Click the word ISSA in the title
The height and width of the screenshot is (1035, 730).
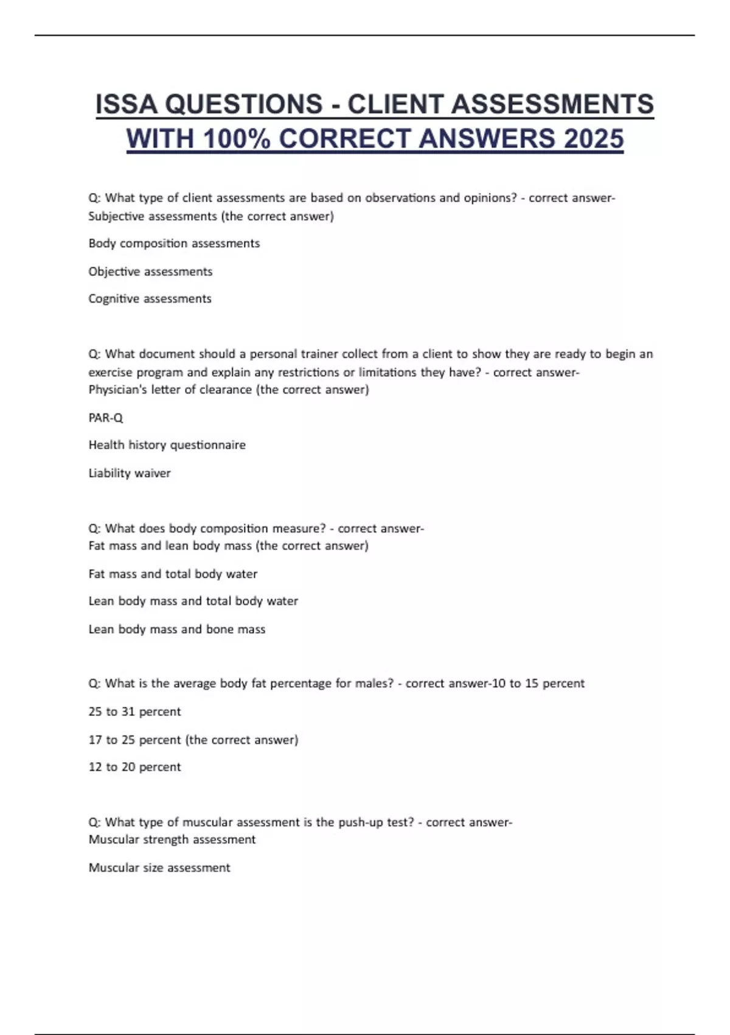(x=127, y=104)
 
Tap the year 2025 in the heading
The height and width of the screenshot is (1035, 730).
(x=593, y=139)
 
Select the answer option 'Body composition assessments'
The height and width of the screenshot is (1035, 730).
(x=174, y=244)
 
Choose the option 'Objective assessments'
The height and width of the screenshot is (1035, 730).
(x=150, y=272)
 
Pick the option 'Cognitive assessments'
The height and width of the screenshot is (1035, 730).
(x=150, y=299)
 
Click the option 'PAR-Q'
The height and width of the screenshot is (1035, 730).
(x=106, y=418)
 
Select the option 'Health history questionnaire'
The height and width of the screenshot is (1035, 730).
(x=167, y=445)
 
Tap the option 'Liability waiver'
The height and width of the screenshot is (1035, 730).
(x=130, y=473)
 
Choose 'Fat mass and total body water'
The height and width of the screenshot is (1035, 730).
(x=173, y=574)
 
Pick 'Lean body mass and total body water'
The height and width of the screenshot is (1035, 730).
(x=193, y=602)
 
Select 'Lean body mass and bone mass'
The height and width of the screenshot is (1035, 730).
(x=176, y=630)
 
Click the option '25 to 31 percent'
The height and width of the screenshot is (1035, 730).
(x=134, y=712)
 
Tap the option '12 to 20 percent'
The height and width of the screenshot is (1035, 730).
(x=134, y=767)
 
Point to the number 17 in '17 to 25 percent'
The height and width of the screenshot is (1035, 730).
(x=95, y=740)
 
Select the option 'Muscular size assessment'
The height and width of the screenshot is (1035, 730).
(x=159, y=868)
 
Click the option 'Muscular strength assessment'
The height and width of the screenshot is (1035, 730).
(x=172, y=840)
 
